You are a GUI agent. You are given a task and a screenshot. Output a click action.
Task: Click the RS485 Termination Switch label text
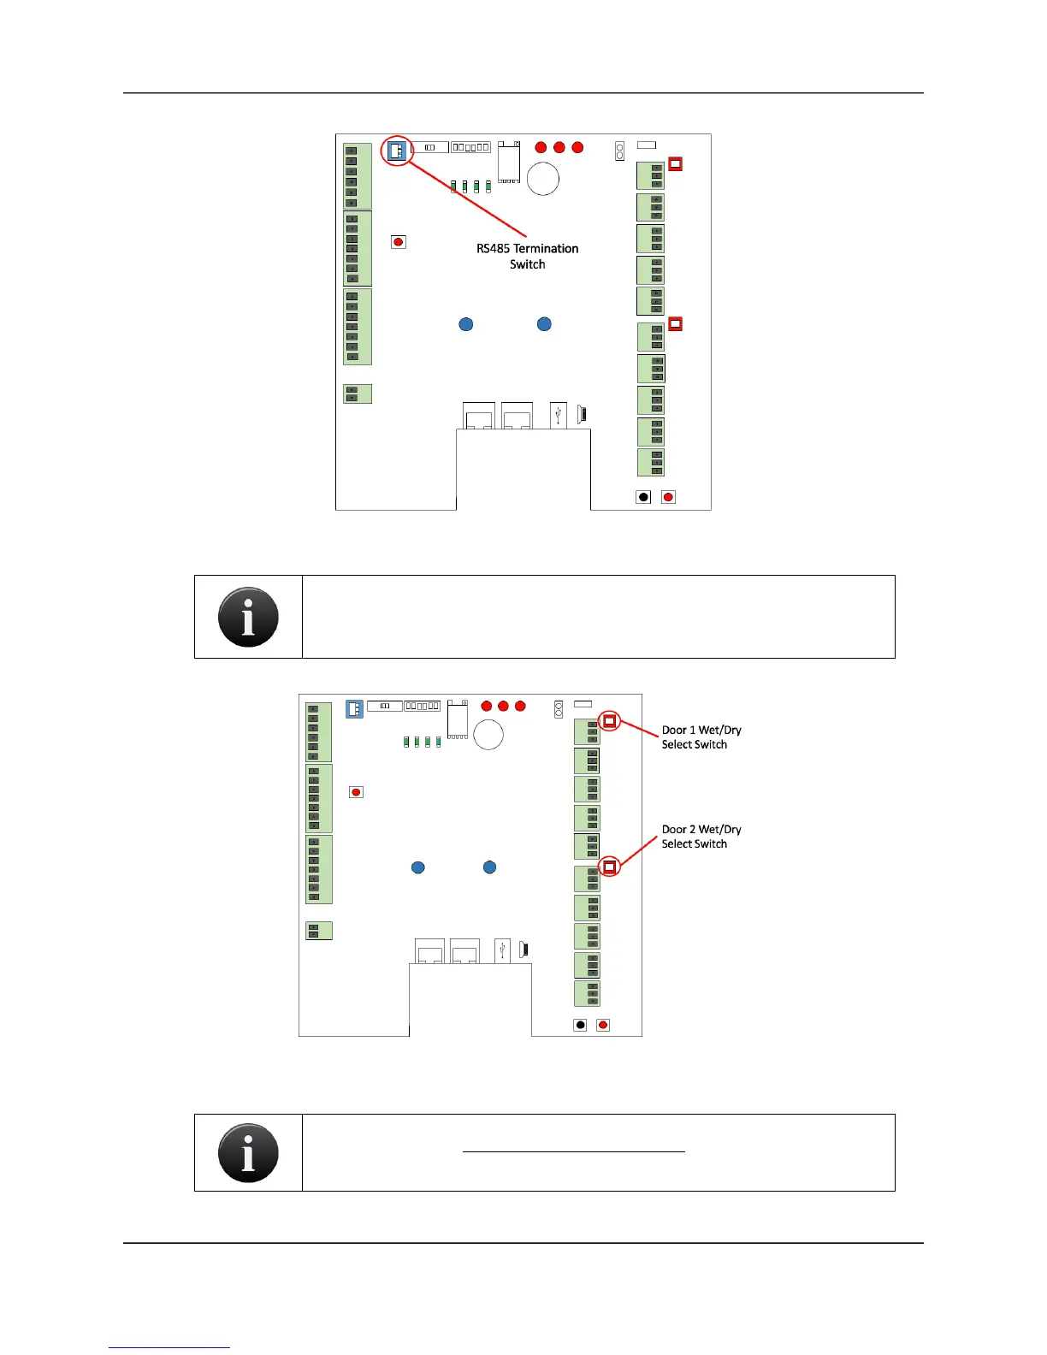click(527, 256)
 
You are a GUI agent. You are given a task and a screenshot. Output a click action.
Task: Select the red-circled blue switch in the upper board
click(396, 151)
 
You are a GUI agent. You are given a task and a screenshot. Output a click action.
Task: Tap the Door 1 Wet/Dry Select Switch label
click(701, 737)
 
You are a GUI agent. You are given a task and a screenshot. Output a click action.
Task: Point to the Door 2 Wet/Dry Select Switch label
click(701, 836)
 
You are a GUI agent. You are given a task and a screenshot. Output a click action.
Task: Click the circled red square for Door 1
click(609, 721)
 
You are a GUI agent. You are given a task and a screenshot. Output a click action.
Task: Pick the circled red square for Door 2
click(609, 867)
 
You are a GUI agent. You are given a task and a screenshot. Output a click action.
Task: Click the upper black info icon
click(248, 617)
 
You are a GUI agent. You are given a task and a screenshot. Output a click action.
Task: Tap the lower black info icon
click(248, 1152)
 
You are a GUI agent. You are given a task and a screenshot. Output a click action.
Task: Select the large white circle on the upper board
click(543, 179)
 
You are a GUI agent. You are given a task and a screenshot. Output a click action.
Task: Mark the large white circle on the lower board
click(488, 734)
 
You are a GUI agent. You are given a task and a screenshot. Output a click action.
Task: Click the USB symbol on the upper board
click(559, 415)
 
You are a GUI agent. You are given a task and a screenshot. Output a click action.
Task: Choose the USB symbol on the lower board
click(502, 950)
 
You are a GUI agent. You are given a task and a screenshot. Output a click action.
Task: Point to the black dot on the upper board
click(644, 497)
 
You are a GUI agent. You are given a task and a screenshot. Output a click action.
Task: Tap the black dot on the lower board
click(580, 1025)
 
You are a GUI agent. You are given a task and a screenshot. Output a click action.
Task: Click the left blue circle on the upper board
click(466, 324)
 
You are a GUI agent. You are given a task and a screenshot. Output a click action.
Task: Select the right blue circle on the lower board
click(490, 867)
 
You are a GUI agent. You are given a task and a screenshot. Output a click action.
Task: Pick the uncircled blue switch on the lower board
click(354, 708)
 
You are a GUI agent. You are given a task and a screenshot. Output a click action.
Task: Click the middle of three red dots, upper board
click(559, 147)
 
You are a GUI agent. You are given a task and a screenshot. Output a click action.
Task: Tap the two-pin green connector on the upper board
click(357, 393)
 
